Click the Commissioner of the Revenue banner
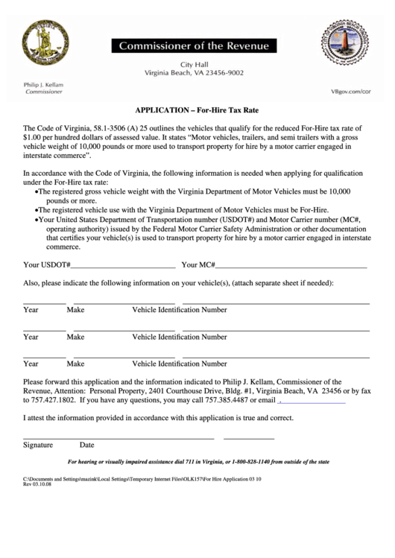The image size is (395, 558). pos(193,46)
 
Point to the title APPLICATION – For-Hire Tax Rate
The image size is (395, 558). pos(197,108)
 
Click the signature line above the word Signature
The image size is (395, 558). pos(118,437)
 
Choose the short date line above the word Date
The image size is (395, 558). pos(249,437)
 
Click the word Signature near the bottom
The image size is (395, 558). pos(38,446)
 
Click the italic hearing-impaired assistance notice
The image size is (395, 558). pos(198,462)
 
